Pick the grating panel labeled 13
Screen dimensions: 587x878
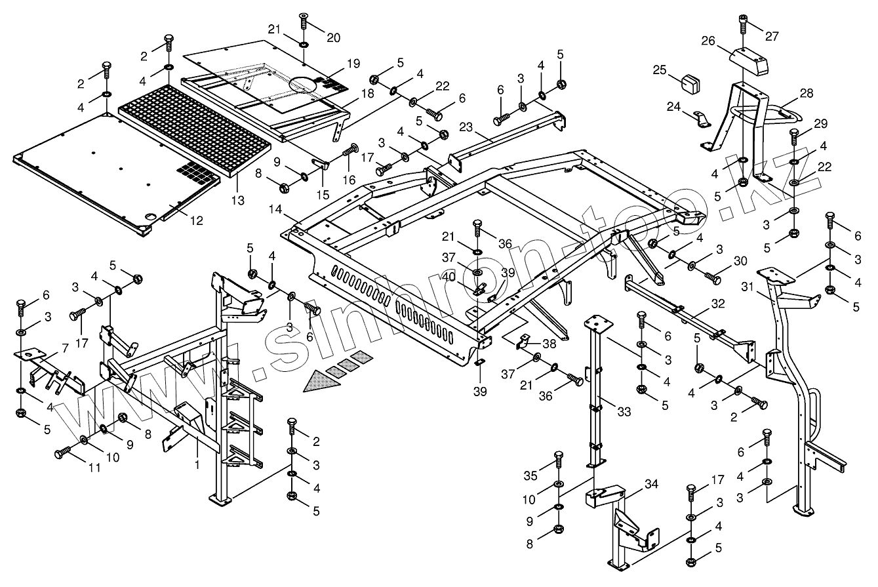[197, 131]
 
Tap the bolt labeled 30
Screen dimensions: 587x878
[712, 277]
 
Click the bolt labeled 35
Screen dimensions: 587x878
[559, 460]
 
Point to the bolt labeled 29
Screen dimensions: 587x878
[794, 138]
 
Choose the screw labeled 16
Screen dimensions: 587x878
[349, 151]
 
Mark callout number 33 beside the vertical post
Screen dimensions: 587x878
[624, 412]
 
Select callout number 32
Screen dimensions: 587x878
[718, 304]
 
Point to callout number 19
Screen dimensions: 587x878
[353, 64]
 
